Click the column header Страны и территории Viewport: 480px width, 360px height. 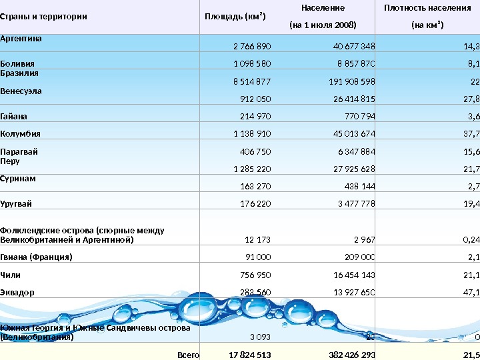(x=43, y=17)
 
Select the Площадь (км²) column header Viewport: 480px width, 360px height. (x=234, y=17)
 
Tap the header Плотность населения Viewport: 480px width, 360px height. (x=427, y=8)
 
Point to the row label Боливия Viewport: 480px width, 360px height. (x=17, y=64)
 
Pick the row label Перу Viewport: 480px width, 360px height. (x=10, y=161)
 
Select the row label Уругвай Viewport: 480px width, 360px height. (x=16, y=203)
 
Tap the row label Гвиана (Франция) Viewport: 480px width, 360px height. (x=36, y=257)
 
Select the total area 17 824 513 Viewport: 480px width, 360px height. (x=250, y=355)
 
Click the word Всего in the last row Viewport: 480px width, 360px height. (x=189, y=355)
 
